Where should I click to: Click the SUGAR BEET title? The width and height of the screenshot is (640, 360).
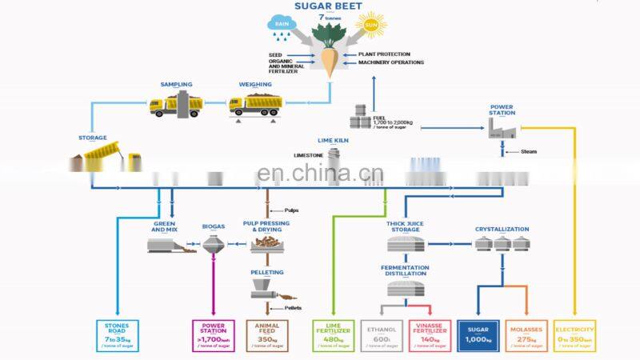tap(327, 6)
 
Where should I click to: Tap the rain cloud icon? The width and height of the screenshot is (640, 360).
tap(282, 23)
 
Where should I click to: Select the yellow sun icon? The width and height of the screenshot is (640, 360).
tap(370, 25)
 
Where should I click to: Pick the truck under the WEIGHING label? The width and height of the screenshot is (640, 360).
tap(255, 103)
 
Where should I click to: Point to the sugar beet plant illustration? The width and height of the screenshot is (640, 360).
tap(327, 48)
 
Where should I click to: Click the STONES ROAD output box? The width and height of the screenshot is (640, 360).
tap(117, 335)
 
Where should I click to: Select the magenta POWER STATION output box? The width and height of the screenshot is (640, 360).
tap(214, 335)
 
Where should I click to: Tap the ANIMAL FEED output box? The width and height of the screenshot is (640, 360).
tap(266, 335)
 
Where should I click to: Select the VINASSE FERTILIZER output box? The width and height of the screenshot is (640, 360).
tap(430, 335)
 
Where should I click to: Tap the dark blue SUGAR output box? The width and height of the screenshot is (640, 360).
tap(478, 335)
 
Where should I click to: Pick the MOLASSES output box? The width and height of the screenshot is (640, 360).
tap(526, 335)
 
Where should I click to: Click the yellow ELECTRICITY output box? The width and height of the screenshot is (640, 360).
tap(575, 335)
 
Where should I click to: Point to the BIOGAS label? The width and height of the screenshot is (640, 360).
tap(213, 226)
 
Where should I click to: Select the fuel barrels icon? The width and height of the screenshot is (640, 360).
tap(361, 118)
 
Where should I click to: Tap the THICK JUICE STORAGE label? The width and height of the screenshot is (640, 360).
tap(405, 228)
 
